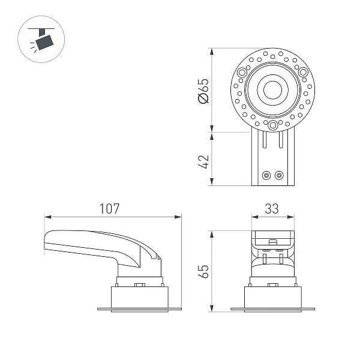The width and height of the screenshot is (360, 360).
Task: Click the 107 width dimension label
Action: pos(109,208)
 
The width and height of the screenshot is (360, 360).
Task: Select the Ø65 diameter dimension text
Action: pos(203,91)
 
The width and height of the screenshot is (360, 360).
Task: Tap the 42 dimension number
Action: pos(203,162)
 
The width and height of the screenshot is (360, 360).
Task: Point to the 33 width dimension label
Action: pos(272,209)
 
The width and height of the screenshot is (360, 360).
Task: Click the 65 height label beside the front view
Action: pos(203,271)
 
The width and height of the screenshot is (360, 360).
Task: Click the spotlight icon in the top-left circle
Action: pos(41,39)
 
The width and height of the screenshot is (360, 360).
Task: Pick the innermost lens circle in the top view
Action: pos(272,90)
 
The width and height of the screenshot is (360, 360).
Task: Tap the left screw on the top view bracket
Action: pos(266,175)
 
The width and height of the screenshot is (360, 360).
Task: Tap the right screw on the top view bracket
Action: pos(279,175)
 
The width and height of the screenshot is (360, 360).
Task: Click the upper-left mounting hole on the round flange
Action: pos(242,73)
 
